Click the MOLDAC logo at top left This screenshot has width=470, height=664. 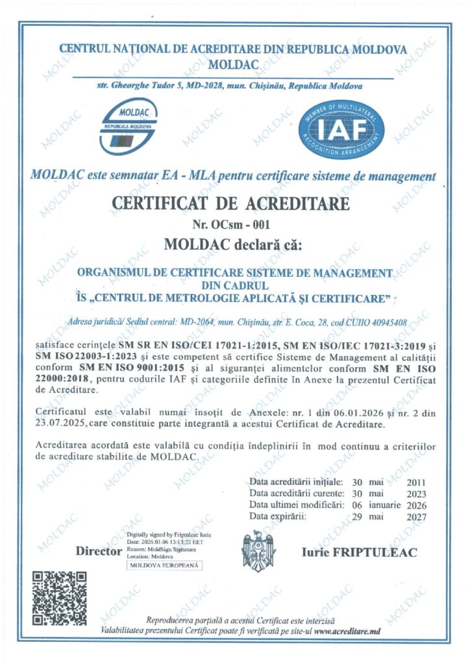pyautogui.click(x=129, y=127)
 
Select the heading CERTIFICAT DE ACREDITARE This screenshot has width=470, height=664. pyautogui.click(x=231, y=203)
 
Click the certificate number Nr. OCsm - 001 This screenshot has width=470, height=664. pyautogui.click(x=231, y=225)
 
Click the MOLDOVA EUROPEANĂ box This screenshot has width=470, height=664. pyautogui.click(x=165, y=565)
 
